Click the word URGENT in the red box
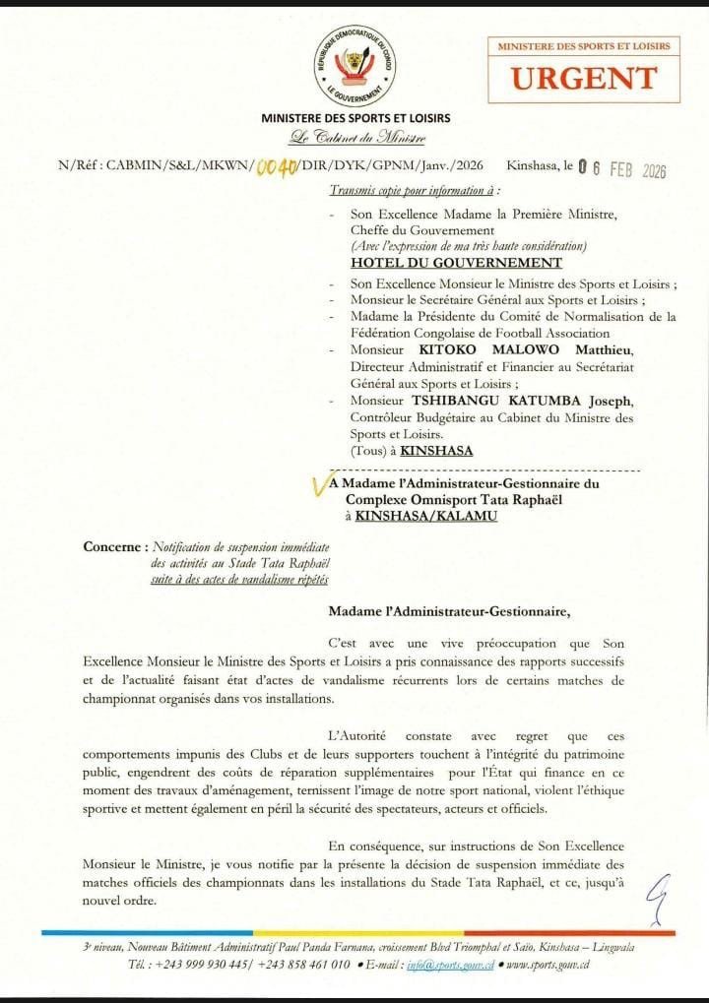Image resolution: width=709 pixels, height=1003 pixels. point(584,78)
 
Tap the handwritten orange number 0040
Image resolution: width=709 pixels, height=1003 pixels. point(278,167)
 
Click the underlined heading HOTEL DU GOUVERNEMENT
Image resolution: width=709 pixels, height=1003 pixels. point(457,263)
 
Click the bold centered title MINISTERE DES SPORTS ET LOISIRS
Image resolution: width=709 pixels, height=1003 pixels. point(355,118)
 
